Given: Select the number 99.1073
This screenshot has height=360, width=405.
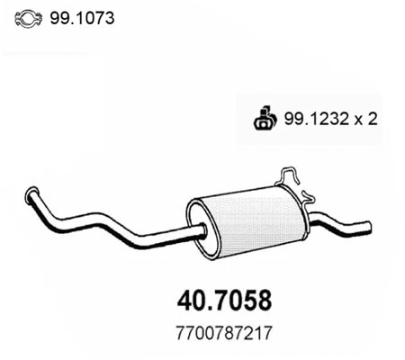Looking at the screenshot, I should tap(86, 18).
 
